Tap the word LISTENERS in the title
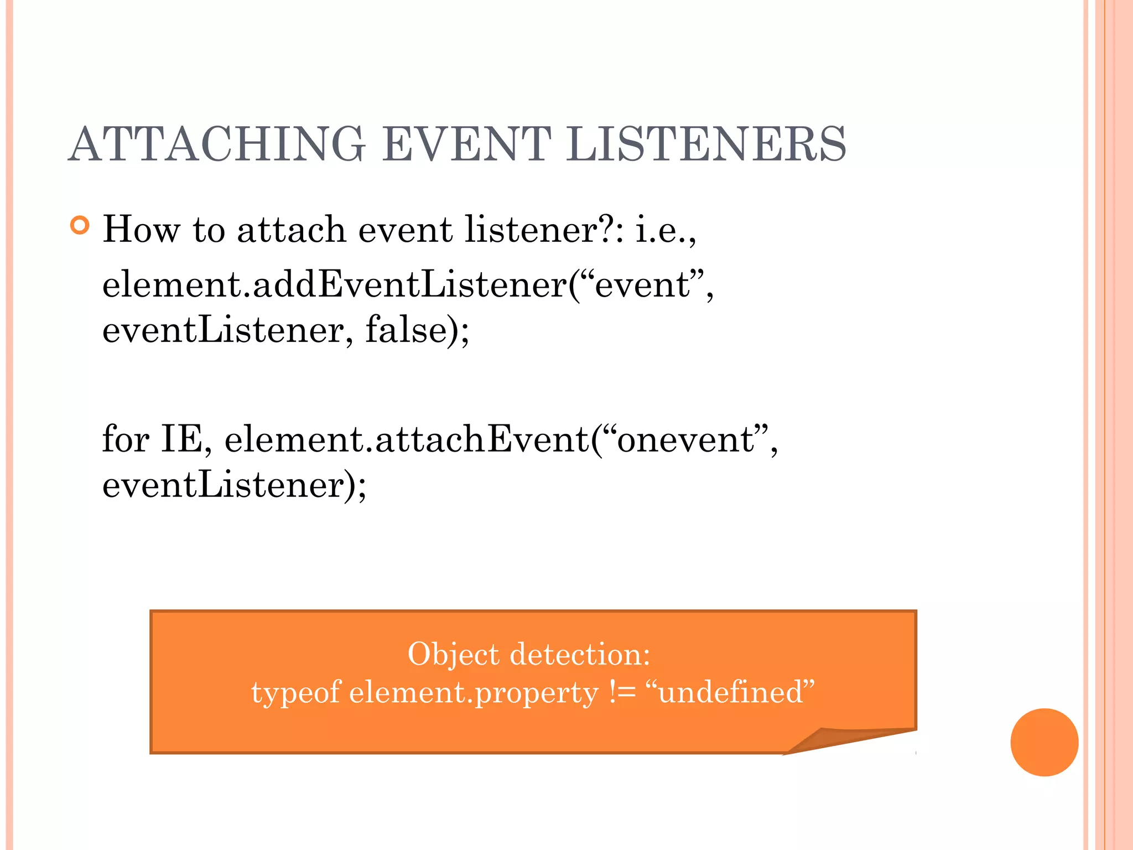point(706,144)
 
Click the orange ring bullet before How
point(80,226)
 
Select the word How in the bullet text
point(142,229)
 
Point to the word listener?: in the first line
point(544,229)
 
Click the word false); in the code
point(417,330)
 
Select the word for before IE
point(126,439)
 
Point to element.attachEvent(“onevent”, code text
point(501,439)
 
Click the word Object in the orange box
point(453,655)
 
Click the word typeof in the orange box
point(296,693)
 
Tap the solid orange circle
point(1044,742)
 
